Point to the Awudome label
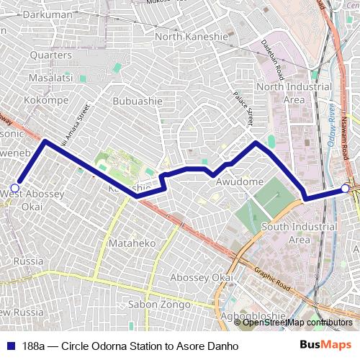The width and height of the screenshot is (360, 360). coord(240,182)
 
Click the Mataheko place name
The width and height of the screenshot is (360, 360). coord(132,244)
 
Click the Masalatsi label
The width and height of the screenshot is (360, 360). coord(49,77)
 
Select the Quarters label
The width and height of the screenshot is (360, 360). coord(51,55)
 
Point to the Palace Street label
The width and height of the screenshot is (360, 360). coord(245,109)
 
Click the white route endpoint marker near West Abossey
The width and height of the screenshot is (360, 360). coord(14,187)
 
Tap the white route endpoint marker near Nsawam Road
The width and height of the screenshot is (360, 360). coord(346,189)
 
